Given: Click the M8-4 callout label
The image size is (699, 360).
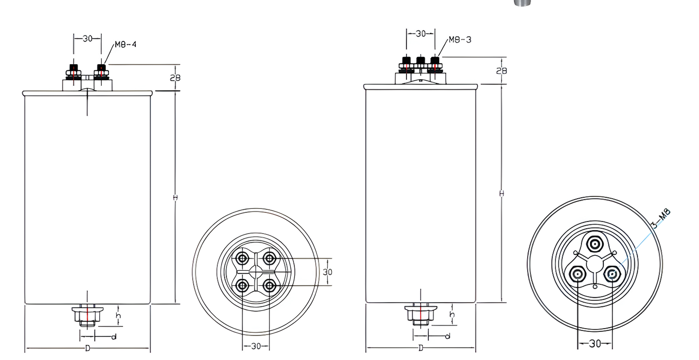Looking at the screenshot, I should coord(126,44).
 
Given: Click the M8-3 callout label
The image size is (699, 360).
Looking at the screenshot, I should coord(460,40).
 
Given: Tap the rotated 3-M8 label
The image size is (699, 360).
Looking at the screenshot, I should coord(661,218).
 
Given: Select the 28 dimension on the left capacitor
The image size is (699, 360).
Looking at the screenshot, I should coord(175,78).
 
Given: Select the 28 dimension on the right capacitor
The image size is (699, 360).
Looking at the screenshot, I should coord(501,71).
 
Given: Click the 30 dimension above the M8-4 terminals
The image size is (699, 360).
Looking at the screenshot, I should coord(88,38).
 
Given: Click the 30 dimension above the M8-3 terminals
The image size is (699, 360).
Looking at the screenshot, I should coord(421,34).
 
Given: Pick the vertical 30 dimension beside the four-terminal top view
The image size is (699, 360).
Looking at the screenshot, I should coord(327,272).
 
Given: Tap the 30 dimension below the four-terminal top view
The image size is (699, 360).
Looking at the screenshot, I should coord(256,346).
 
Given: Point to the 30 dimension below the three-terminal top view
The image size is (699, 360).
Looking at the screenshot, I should coord(595,344).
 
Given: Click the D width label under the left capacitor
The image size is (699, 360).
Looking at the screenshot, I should coord(88,348).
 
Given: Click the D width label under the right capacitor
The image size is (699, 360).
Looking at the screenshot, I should coord(421,348).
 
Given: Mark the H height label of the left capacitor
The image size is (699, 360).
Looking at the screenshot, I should coord(175,198).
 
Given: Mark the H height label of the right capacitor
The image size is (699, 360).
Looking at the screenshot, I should coord(501,194).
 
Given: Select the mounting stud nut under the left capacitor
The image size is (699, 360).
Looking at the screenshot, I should coord(87,315).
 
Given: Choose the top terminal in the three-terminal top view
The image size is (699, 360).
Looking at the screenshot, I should coord(595,244).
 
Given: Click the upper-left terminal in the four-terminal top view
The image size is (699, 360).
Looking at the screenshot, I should coord(242,259).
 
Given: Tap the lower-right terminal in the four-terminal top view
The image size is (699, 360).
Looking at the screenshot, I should coord(270,285).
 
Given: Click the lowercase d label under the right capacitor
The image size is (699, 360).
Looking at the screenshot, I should coord(447,336).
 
